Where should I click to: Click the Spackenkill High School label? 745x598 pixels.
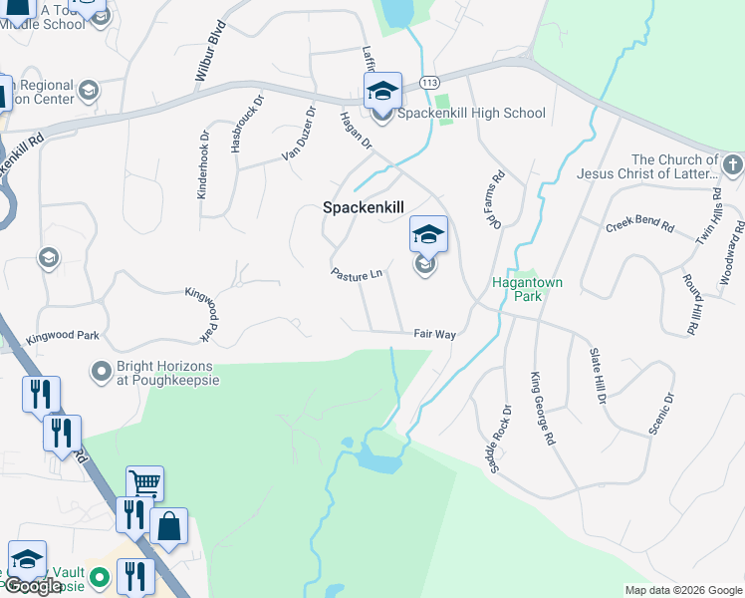(471, 114)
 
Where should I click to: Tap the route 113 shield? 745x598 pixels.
(430, 82)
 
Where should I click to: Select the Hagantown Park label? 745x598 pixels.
(528, 289)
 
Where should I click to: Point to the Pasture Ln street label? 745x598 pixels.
(358, 272)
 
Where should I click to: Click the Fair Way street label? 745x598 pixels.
(435, 335)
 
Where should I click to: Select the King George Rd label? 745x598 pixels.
(543, 408)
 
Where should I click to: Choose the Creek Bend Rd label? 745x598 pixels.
(640, 227)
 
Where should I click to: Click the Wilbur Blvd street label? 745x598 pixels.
(210, 55)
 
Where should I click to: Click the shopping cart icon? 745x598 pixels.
(144, 484)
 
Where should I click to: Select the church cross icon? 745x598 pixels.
(731, 164)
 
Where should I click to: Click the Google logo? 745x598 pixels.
(34, 586)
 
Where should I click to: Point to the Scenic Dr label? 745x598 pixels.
(661, 414)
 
